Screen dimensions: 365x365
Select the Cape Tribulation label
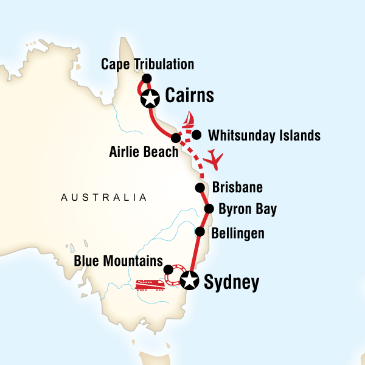pyautogui.click(x=148, y=64)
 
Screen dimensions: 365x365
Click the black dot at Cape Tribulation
pyautogui.click(x=147, y=78)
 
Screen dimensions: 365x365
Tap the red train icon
pyautogui.click(x=149, y=284)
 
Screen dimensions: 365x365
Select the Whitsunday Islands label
pyautogui.click(x=263, y=135)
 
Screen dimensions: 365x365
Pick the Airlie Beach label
pyautogui.click(x=142, y=152)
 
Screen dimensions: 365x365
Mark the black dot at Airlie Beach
pyautogui.click(x=175, y=137)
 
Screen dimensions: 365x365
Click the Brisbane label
pyautogui.click(x=237, y=187)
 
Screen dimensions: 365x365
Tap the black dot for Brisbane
pyautogui.click(x=199, y=187)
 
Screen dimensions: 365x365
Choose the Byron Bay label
pyautogui.click(x=247, y=210)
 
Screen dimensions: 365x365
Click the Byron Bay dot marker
pyautogui.click(x=209, y=209)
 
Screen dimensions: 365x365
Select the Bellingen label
pyautogui.click(x=239, y=232)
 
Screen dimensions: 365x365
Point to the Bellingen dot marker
pyautogui.click(x=199, y=232)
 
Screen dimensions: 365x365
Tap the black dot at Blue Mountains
pyautogui.click(x=168, y=268)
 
